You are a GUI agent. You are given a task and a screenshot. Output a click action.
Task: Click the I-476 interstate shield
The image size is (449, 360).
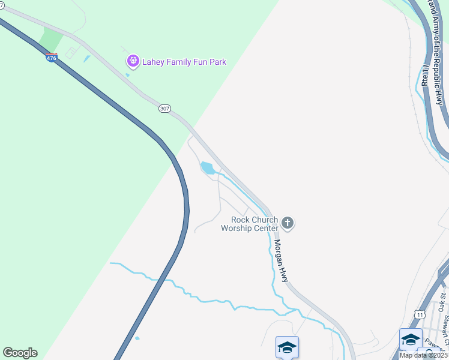tap(51, 58)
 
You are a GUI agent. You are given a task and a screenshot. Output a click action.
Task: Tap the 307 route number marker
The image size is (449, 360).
tap(165, 109)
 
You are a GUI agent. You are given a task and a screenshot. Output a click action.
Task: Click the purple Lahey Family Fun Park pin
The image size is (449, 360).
tap(133, 61)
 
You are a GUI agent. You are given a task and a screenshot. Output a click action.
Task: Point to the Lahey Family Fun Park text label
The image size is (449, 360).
tap(184, 62)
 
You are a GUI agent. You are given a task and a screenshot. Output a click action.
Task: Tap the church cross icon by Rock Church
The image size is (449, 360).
tap(288, 224)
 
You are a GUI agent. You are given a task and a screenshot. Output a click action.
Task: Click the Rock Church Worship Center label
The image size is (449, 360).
tap(249, 224)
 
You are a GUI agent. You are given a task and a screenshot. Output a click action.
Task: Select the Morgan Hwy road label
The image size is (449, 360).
tap(282, 260)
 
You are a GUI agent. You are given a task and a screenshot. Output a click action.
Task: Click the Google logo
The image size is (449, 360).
tap(20, 353)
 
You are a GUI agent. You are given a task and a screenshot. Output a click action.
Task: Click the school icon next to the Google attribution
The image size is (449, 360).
tap(411, 340)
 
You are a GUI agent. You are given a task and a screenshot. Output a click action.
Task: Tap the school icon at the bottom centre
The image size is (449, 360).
tap(287, 347)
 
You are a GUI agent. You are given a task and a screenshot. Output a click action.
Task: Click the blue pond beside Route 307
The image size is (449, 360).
tap(208, 168)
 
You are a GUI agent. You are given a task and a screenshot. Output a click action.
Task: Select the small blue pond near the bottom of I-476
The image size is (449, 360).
tap(137, 338)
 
